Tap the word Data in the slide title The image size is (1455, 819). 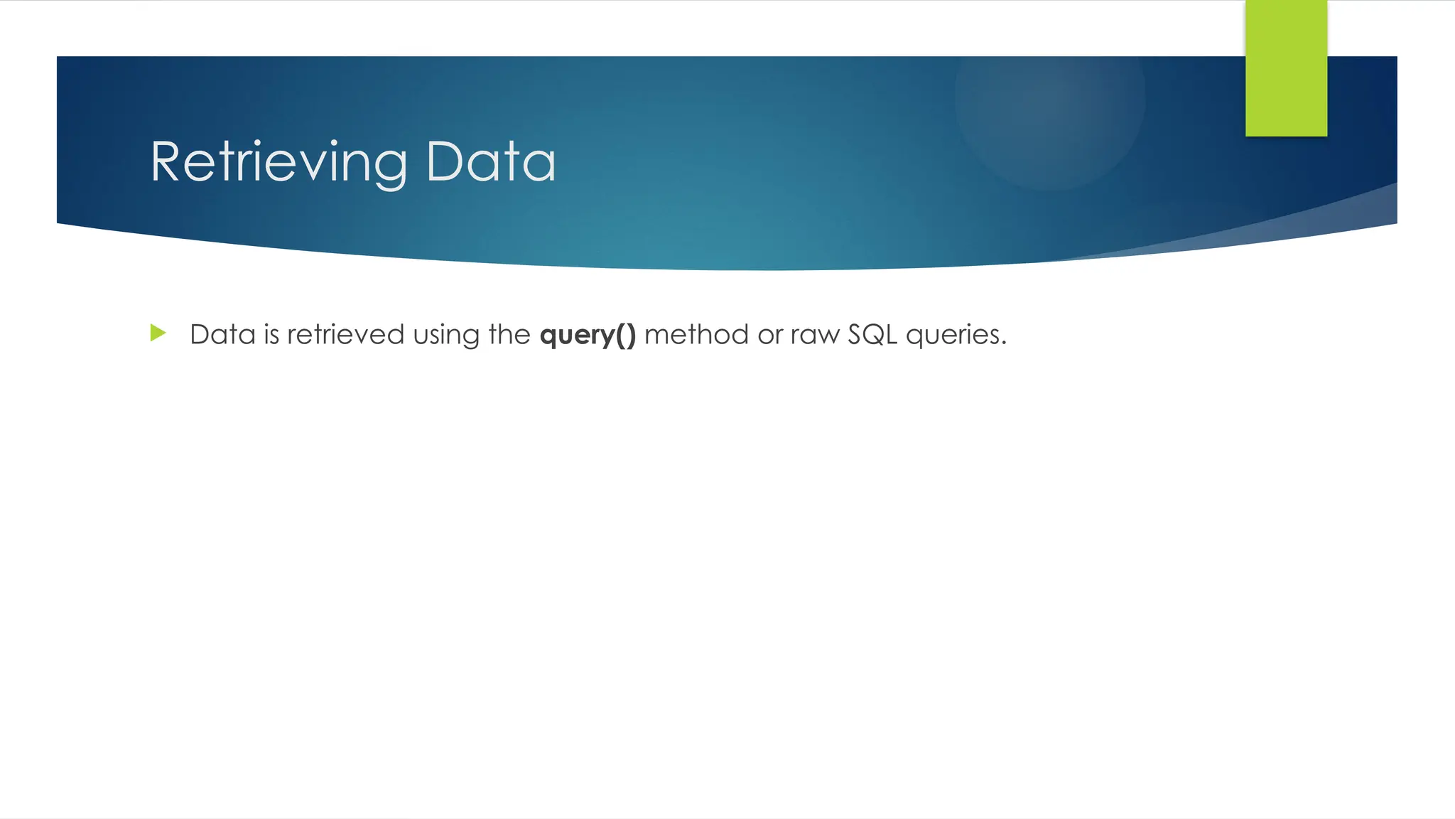(x=490, y=162)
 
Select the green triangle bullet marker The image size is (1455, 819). (x=158, y=333)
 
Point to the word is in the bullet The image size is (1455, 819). (x=271, y=334)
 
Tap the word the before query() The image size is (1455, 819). (x=509, y=334)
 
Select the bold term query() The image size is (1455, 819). (x=588, y=335)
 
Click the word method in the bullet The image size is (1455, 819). (x=696, y=334)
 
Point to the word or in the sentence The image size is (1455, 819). (x=769, y=335)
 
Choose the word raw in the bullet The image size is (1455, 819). (x=815, y=335)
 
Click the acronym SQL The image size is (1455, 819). (x=872, y=334)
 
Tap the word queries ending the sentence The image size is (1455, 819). (x=952, y=335)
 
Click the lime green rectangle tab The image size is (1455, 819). (x=1286, y=68)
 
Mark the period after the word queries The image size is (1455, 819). (x=1003, y=343)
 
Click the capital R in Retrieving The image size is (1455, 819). (x=167, y=162)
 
